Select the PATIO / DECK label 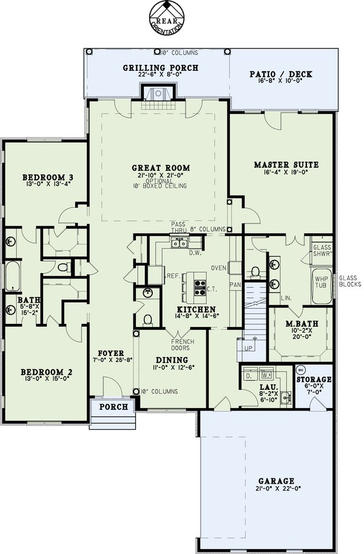281,74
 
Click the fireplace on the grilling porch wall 158,94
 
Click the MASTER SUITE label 286,164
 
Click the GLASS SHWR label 322,251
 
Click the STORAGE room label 314,380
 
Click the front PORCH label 113,407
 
